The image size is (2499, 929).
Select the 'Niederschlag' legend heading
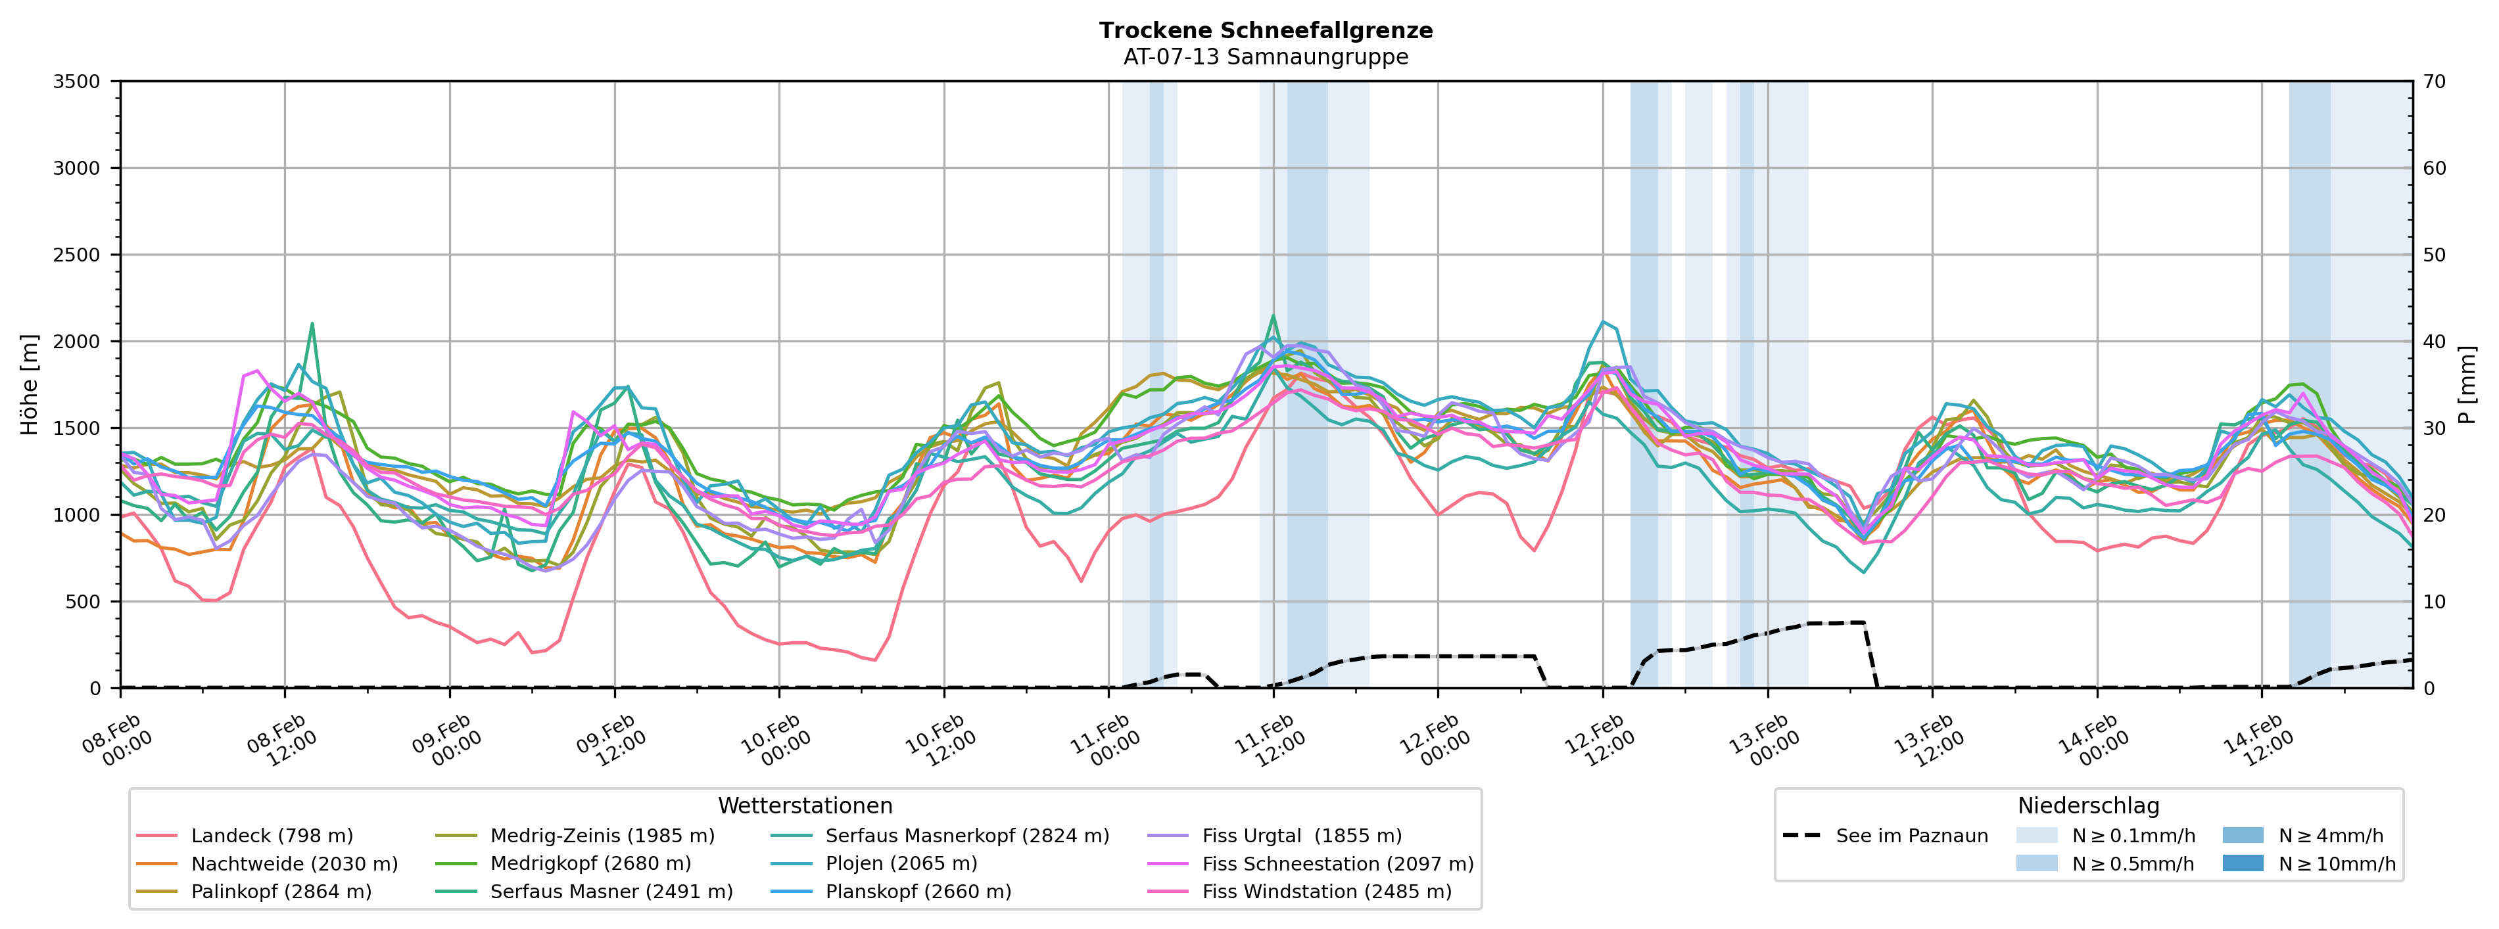(x=2087, y=806)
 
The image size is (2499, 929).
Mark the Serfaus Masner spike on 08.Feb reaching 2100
(x=312, y=324)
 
